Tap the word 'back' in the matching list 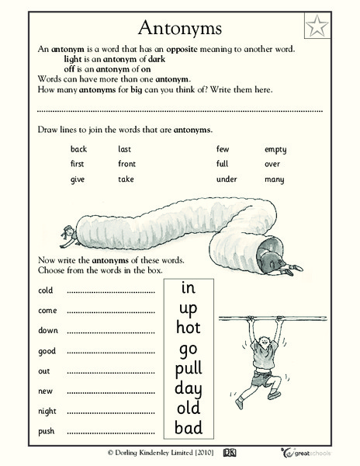tap(78, 149)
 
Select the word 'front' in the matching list tap(126, 164)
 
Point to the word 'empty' tap(275, 149)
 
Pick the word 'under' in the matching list tap(227, 179)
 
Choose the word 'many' tap(274, 179)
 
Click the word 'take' tap(126, 179)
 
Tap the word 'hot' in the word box tap(188, 329)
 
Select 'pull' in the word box tap(188, 368)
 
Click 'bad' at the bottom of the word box tap(188, 427)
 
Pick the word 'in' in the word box tap(188, 288)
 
